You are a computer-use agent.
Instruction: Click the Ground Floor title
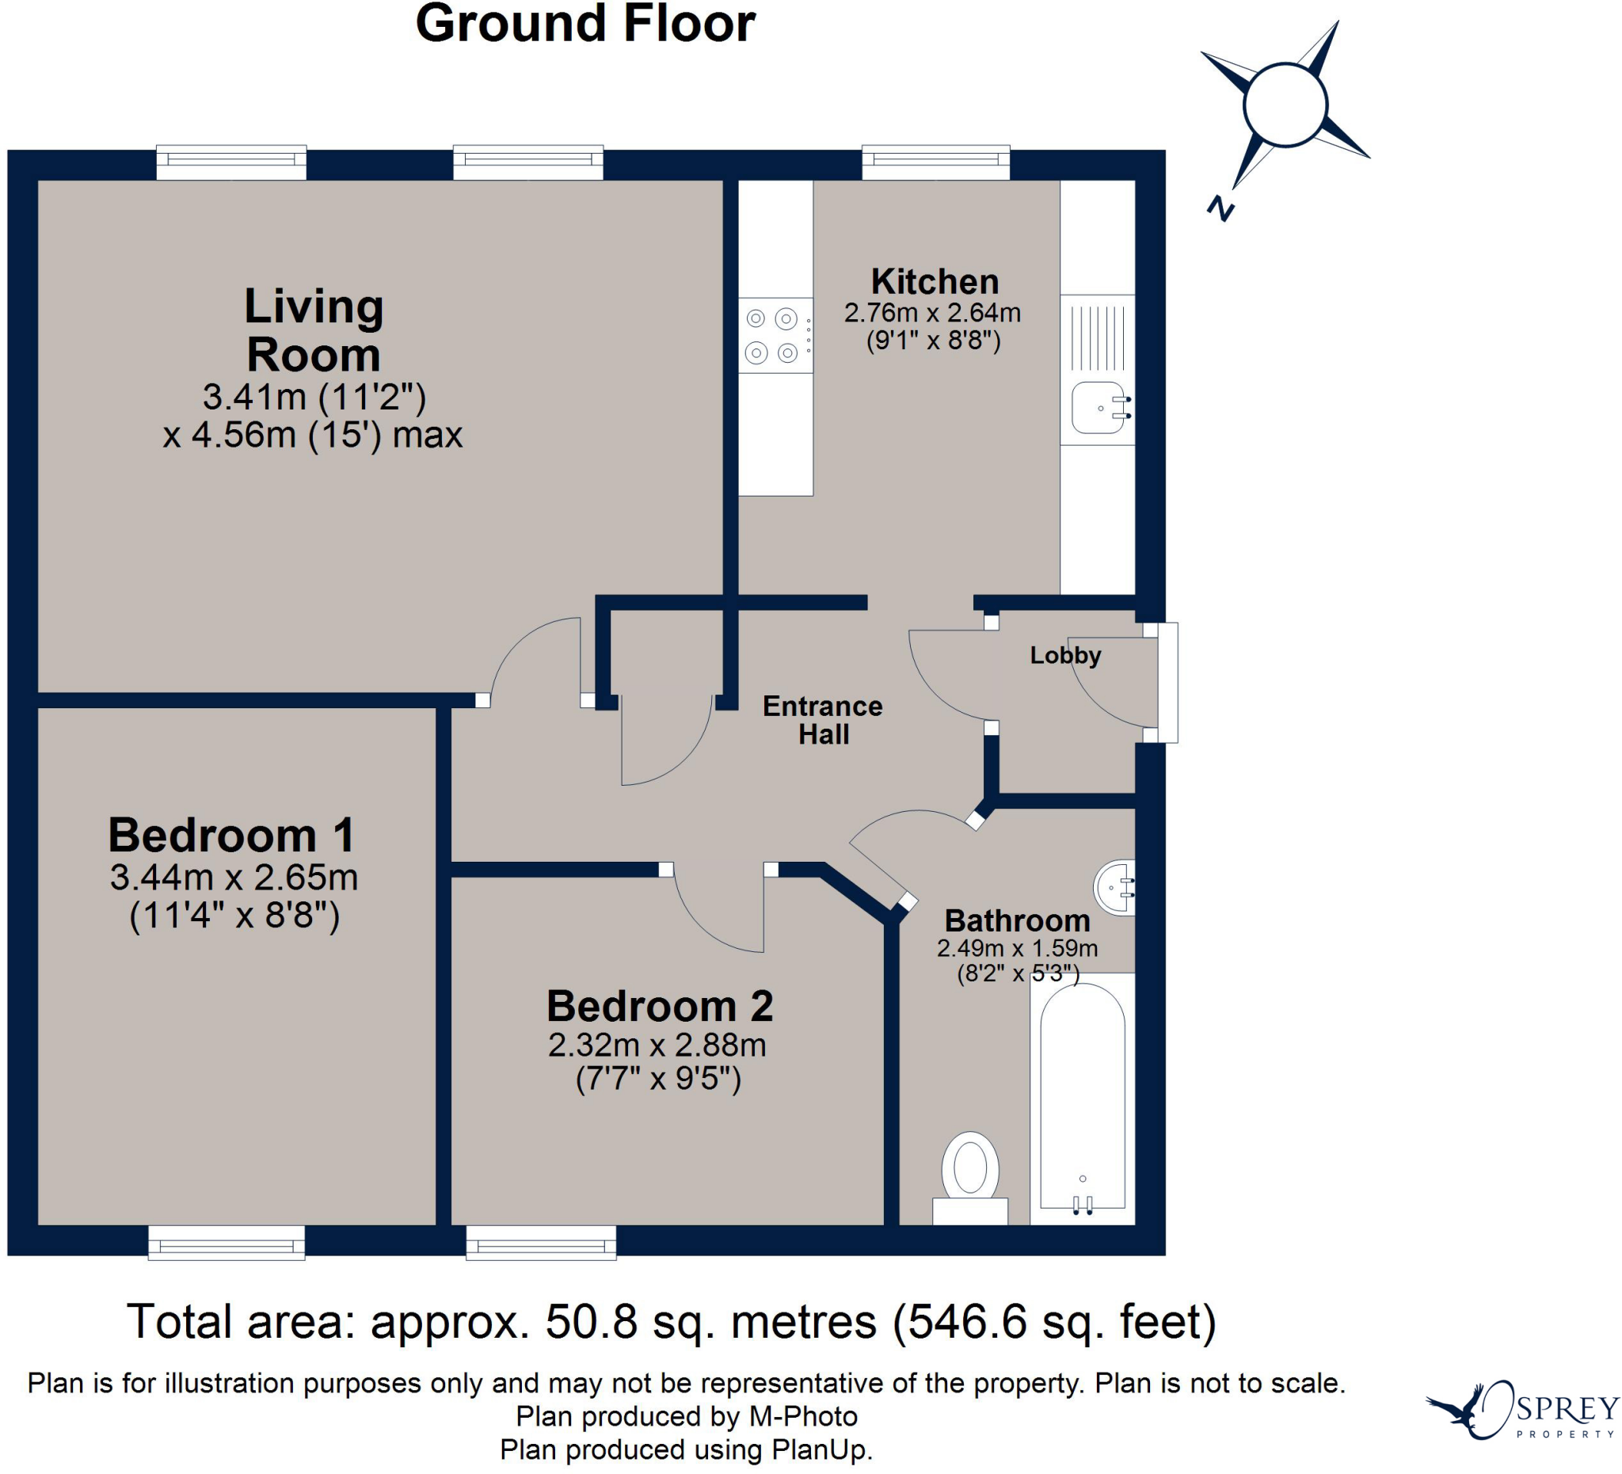tap(585, 24)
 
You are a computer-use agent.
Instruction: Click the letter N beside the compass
tap(1220, 209)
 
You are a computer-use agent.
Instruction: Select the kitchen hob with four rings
tap(775, 336)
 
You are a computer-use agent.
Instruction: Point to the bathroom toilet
tap(970, 1178)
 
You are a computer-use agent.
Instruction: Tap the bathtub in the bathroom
tap(1083, 1099)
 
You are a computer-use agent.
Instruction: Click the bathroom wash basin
tap(1115, 887)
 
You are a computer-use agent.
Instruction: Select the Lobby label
tap(1065, 656)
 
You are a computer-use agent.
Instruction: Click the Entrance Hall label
tap(823, 720)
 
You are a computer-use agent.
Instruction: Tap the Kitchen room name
tap(935, 282)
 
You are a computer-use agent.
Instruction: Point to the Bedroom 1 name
tap(232, 835)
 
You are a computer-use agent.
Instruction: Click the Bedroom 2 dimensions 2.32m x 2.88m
tap(657, 1046)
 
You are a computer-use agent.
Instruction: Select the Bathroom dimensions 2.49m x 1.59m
tap(1017, 949)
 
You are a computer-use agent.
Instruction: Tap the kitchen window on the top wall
tap(935, 162)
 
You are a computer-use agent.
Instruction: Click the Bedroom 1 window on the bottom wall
tap(227, 1242)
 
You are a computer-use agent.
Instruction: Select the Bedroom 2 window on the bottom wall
tap(542, 1242)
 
